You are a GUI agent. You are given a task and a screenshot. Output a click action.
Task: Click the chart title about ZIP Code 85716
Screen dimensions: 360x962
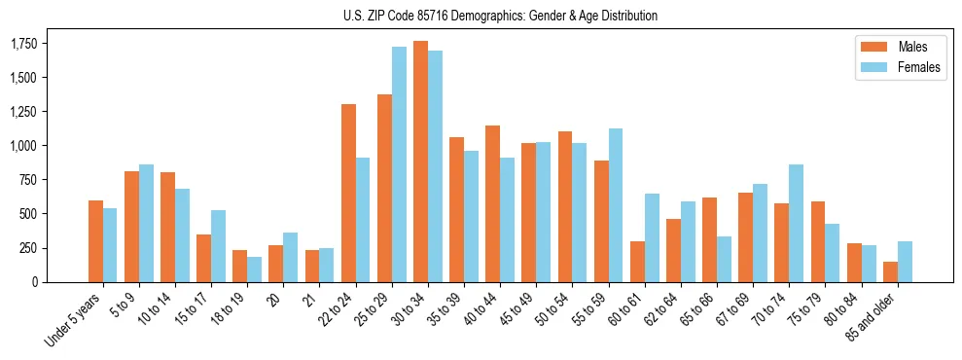(500, 16)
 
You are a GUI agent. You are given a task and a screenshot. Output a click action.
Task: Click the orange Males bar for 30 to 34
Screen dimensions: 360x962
(420, 162)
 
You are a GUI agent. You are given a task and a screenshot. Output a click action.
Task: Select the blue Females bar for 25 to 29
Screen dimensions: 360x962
(399, 164)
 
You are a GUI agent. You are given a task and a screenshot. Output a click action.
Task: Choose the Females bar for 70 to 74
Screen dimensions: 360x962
(796, 223)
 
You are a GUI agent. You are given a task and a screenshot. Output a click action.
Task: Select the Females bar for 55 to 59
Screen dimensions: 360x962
(616, 205)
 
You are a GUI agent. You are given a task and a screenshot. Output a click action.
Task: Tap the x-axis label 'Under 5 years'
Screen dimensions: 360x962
(74, 321)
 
